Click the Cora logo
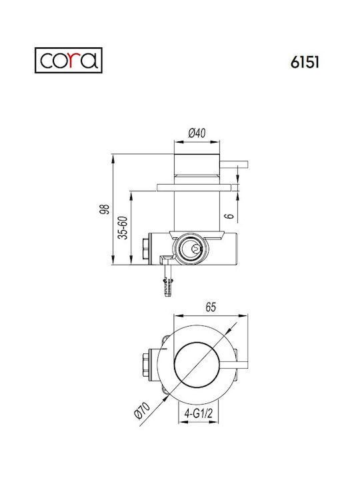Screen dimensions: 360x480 (x=68, y=60)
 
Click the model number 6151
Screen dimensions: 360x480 (x=305, y=63)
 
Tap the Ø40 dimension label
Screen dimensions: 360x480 (x=197, y=133)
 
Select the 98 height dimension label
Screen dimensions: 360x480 (x=105, y=209)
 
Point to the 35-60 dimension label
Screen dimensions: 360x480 (x=123, y=227)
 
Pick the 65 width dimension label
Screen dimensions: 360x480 (x=211, y=307)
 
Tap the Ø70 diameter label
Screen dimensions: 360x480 (x=143, y=410)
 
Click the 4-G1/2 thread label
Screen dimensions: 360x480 (x=199, y=413)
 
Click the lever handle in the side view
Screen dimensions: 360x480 (x=234, y=165)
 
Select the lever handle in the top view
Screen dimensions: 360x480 (x=234, y=365)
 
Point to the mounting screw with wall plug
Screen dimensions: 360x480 (x=168, y=280)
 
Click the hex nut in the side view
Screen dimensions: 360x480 (x=146, y=249)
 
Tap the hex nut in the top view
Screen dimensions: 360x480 (x=146, y=365)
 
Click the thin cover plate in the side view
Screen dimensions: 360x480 (x=194, y=187)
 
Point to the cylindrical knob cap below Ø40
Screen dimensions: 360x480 (x=197, y=165)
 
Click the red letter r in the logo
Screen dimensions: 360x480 (x=71, y=60)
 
